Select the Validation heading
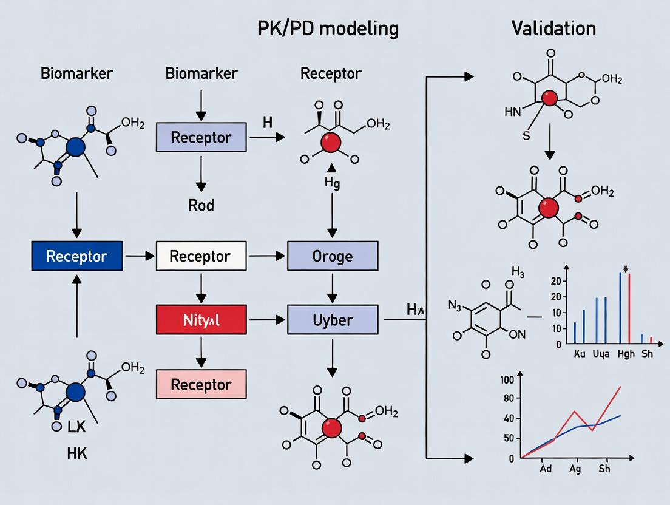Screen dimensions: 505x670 click(553, 28)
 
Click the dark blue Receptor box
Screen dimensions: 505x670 click(76, 256)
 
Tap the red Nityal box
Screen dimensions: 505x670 click(201, 319)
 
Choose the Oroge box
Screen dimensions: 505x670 click(332, 256)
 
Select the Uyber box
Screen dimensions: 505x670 click(332, 319)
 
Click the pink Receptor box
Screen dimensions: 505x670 click(201, 384)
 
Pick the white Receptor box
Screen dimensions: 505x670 click(201, 256)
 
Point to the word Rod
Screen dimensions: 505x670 click(201, 205)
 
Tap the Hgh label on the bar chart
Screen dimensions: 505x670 click(626, 354)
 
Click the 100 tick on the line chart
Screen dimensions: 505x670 click(507, 380)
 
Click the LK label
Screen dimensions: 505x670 click(76, 427)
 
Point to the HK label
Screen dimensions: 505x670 click(76, 453)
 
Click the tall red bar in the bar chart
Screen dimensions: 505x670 click(629, 308)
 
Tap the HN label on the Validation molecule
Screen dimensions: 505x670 click(513, 112)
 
